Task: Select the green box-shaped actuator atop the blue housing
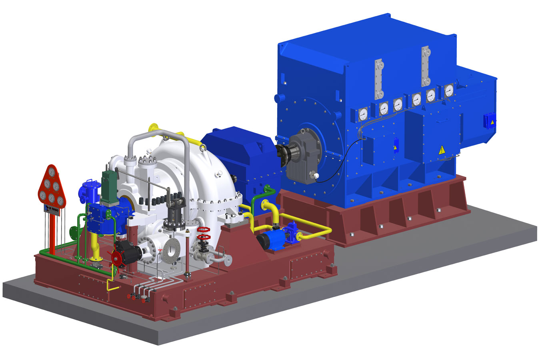point(108,186)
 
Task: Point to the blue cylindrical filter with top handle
point(90,192)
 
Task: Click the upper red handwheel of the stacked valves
point(204,230)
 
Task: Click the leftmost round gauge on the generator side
point(363,114)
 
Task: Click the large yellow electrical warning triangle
point(442,150)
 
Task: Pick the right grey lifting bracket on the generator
point(426,66)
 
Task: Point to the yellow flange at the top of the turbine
point(153,128)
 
